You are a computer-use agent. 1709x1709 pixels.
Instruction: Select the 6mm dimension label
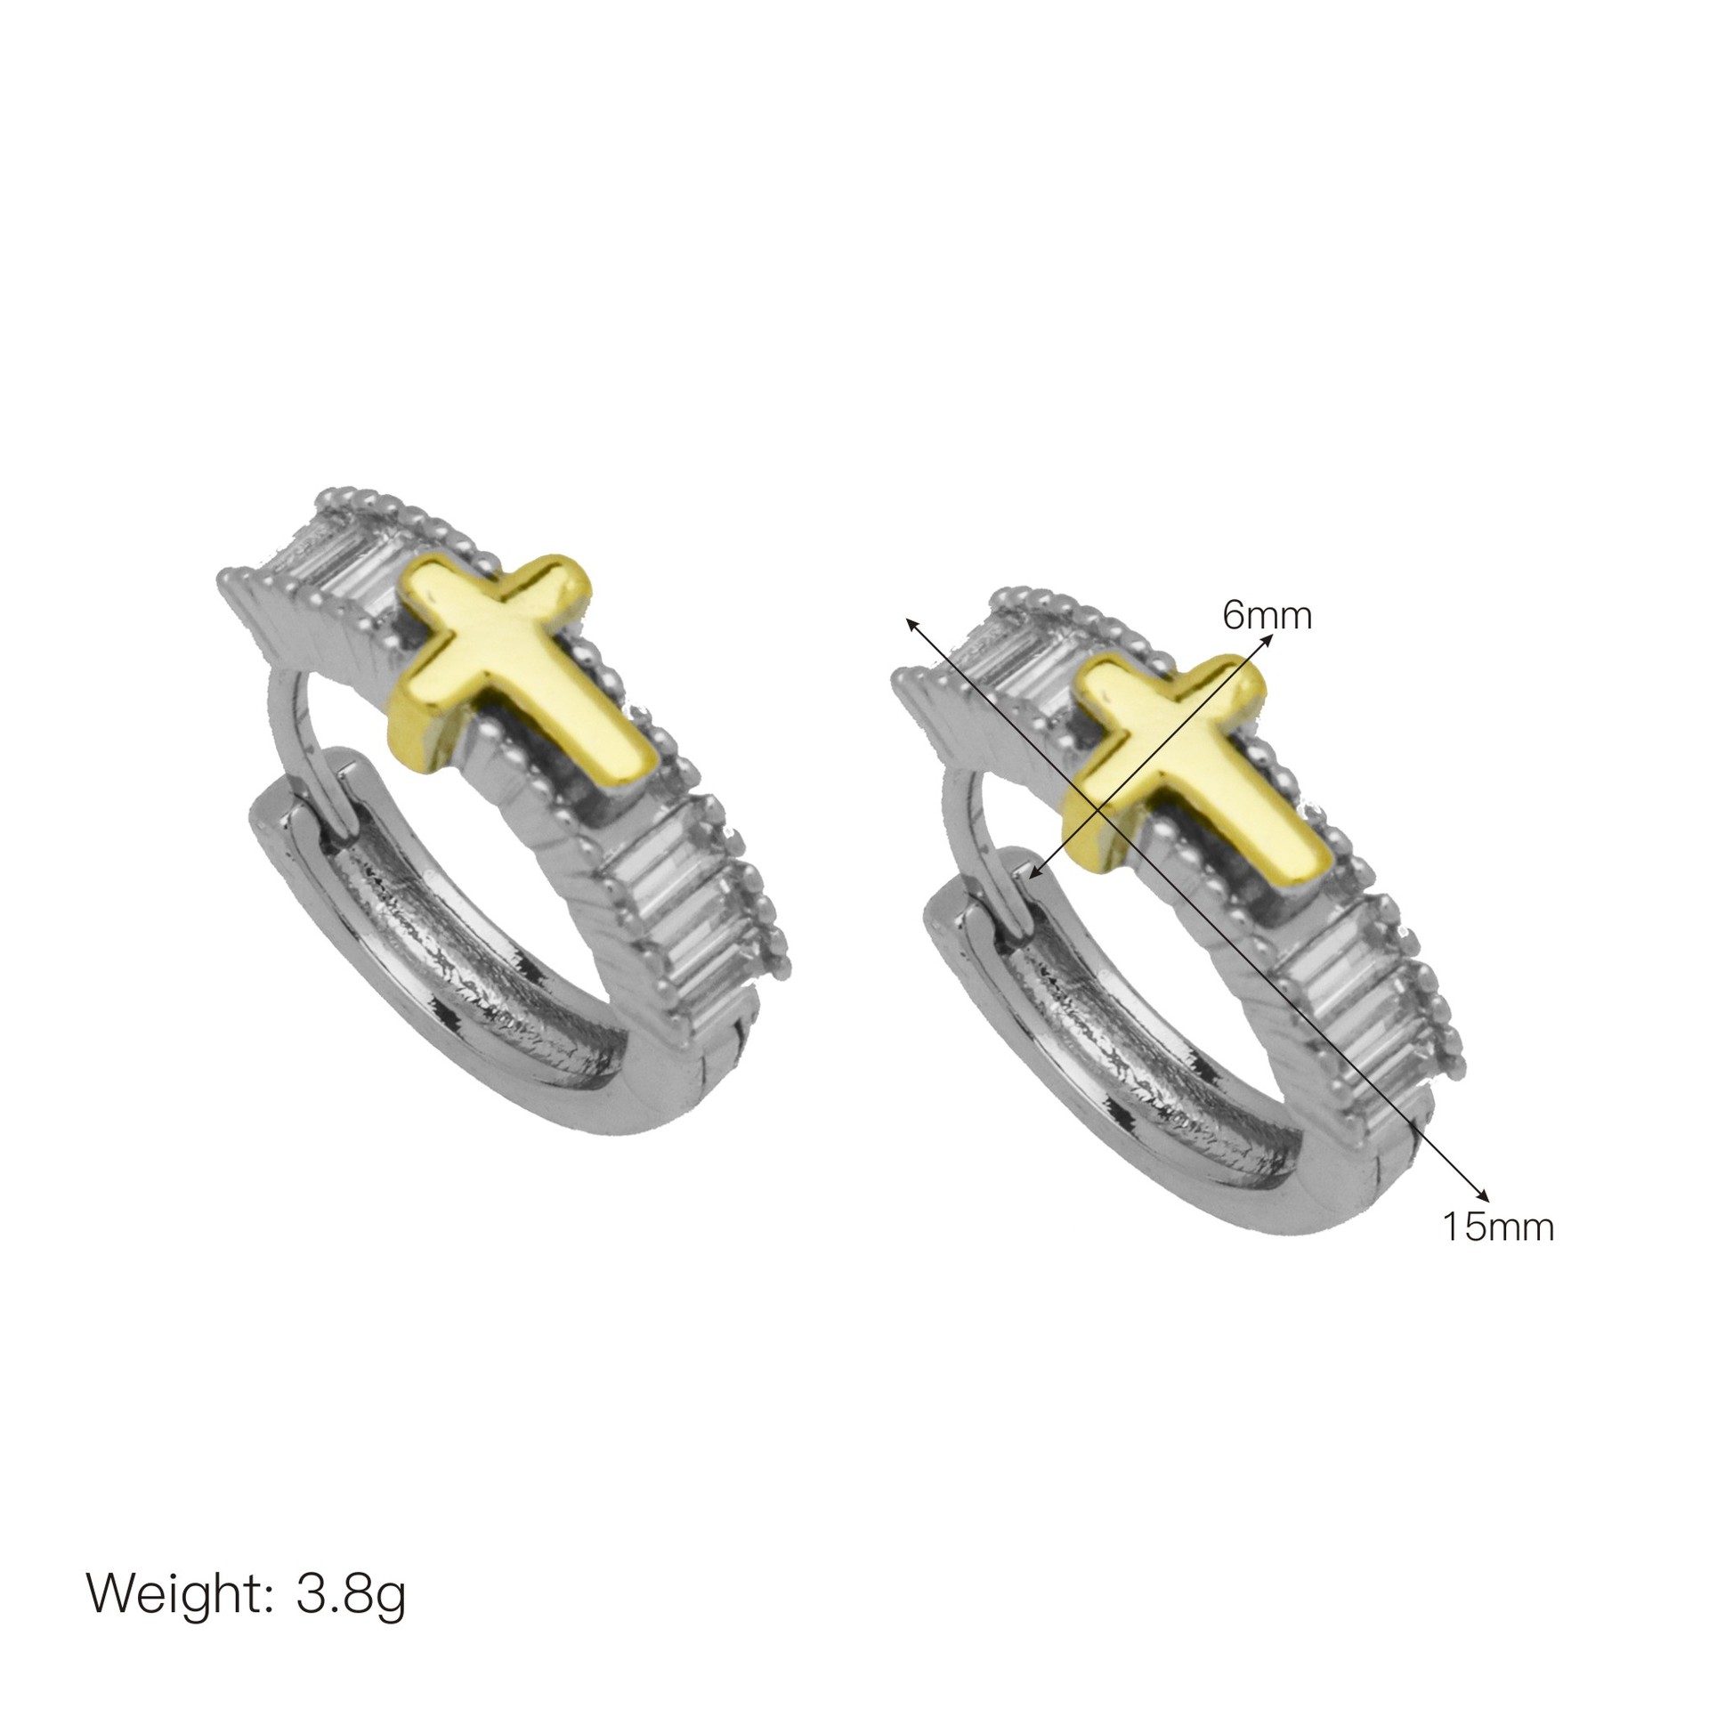tap(1267, 615)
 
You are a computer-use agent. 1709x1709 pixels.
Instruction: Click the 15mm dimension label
tap(1498, 1227)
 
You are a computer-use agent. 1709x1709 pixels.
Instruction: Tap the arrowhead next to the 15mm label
tap(1478, 1195)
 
